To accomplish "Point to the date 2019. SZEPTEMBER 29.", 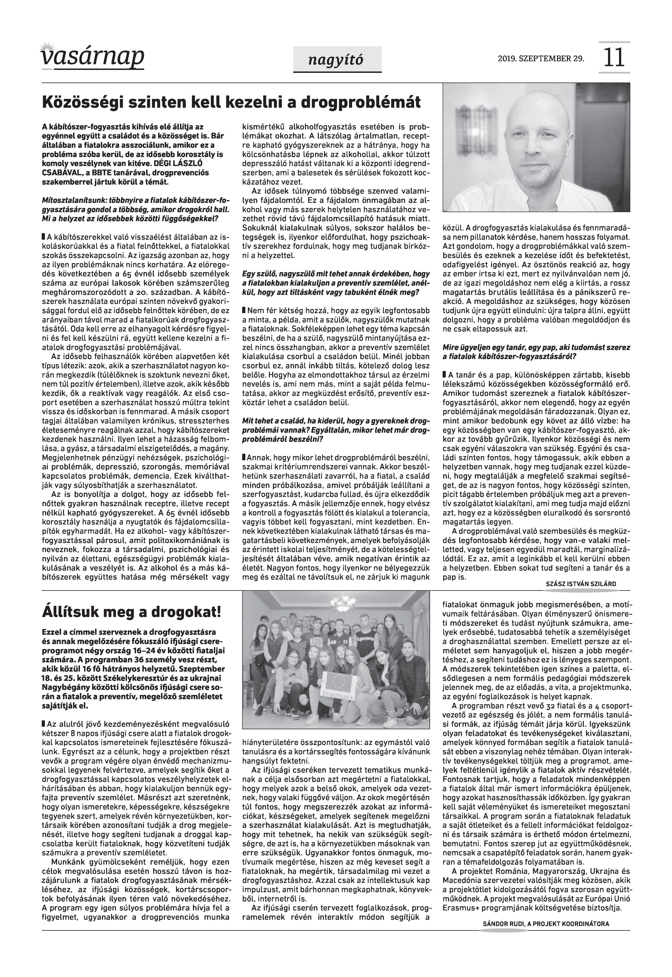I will pos(541,58).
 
